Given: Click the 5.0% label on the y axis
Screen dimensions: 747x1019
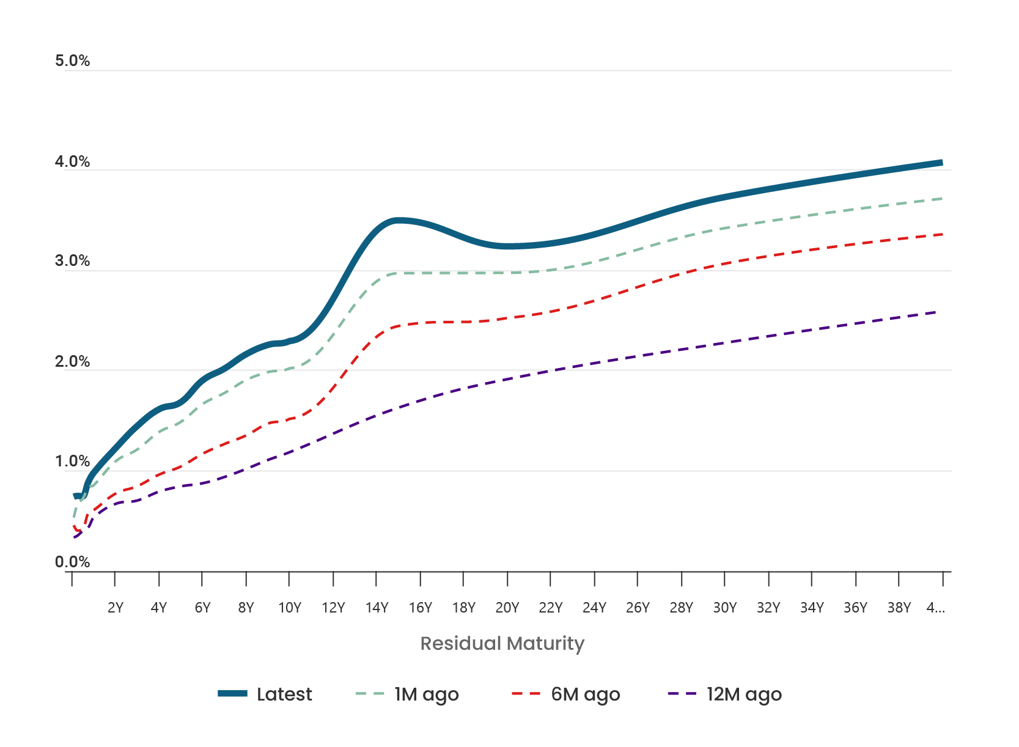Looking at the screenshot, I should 72,61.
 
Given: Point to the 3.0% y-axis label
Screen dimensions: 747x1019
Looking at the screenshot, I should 72,260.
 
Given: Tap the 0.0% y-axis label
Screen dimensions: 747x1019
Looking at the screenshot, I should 72,562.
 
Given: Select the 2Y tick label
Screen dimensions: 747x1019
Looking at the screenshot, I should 116,608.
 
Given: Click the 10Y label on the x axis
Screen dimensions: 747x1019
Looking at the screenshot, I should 290,608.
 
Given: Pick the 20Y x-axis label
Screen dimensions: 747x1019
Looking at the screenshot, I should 507,608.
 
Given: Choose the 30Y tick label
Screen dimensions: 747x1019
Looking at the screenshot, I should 725,608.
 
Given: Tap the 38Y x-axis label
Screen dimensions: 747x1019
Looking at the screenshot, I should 899,608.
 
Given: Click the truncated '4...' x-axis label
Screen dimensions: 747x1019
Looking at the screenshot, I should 935,608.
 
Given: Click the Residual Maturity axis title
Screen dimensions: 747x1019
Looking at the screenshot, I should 502,643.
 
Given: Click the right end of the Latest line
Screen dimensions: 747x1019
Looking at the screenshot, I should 941,163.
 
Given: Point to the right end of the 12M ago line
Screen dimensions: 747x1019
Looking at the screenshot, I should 936,312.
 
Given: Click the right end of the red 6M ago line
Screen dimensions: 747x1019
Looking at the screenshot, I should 942,234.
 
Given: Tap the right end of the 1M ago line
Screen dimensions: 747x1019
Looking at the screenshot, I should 942,199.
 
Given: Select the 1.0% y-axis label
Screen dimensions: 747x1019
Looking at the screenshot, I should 72,461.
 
